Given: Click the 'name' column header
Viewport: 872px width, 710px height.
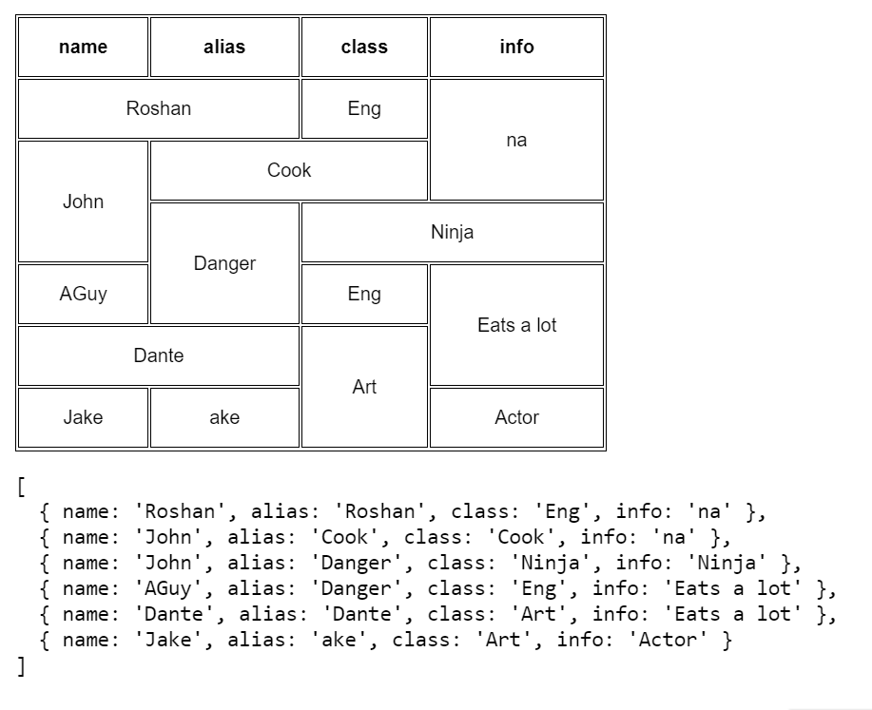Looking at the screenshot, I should [83, 47].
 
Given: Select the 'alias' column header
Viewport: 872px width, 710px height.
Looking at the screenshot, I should [224, 47].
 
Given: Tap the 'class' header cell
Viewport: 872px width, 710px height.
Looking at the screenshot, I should [364, 47].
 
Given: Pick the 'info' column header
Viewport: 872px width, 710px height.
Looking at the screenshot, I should [516, 47].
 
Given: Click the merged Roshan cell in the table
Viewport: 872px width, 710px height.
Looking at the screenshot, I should [158, 108].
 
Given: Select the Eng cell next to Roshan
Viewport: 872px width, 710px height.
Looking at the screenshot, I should [364, 108].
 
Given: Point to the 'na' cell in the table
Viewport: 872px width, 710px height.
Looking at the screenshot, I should [516, 140].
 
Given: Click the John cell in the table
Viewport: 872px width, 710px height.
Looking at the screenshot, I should [83, 201].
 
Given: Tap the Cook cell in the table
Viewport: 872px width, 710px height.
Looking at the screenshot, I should [289, 170].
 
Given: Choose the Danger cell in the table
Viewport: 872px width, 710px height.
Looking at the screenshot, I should [224, 263].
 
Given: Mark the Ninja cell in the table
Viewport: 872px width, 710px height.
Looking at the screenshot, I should [452, 232].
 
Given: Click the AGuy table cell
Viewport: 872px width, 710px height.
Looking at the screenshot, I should [83, 294].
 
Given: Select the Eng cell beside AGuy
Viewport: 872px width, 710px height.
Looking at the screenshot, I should [364, 294].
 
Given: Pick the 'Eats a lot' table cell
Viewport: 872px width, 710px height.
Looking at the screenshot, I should [516, 325].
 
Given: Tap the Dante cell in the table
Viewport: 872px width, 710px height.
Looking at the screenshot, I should [158, 355].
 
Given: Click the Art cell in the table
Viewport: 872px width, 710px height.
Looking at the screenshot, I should [364, 387].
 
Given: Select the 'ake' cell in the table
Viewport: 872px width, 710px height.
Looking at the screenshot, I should [224, 417].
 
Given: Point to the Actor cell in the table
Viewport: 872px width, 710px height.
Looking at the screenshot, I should [516, 417].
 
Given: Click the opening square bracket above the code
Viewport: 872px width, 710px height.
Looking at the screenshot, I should [21, 487].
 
